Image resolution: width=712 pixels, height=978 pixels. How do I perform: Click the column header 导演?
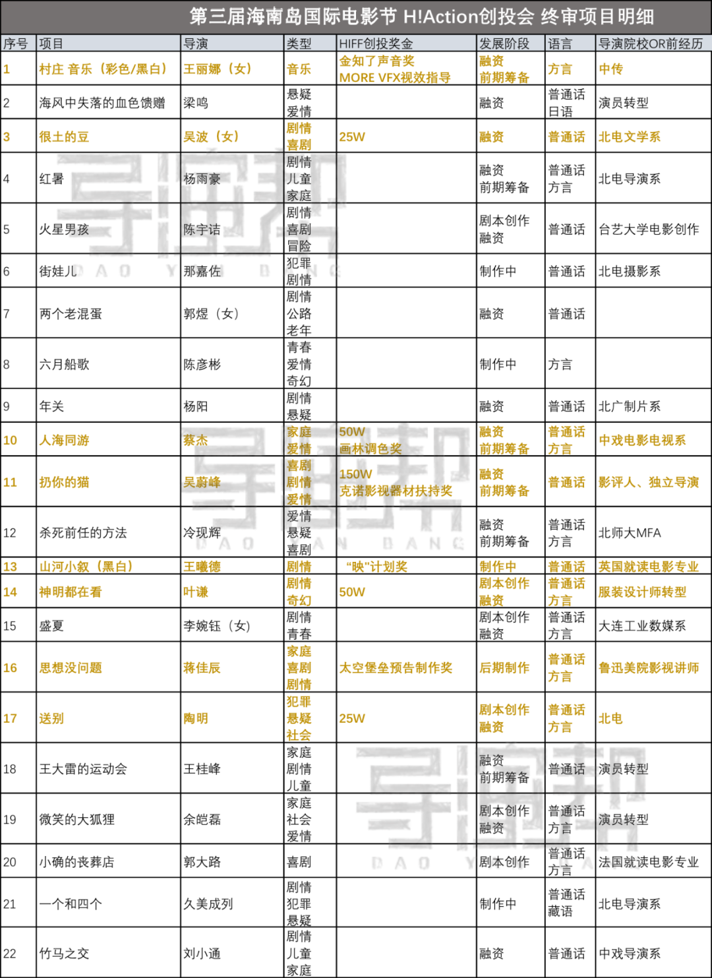pos(195,44)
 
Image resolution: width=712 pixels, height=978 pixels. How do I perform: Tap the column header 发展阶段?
pos(504,44)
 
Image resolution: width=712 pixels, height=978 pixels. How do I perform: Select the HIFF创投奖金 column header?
pos(376,44)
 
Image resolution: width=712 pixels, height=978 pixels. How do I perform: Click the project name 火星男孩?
pos(64,229)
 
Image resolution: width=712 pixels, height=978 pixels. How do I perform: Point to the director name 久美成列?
pos(208,903)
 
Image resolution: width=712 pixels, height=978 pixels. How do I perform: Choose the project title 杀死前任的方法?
pos(83,533)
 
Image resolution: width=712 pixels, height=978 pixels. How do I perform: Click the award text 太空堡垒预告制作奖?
pos(396,667)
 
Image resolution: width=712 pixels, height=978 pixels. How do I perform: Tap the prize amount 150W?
pos(355,474)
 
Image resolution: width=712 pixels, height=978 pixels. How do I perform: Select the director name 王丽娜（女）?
pos(218,69)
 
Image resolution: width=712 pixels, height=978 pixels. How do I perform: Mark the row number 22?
pos(10,953)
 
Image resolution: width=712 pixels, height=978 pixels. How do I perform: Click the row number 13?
pos(10,566)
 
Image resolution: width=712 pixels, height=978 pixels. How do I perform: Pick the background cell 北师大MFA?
pos(630,533)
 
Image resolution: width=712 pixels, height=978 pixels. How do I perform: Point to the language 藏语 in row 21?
pos(560,911)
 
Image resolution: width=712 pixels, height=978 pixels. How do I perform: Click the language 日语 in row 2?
pos(560,111)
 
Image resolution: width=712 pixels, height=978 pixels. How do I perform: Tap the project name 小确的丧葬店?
pos(77,862)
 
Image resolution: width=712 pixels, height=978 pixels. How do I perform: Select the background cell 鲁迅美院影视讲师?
pos(649,667)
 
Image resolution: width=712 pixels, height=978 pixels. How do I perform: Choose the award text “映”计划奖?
pos(376,566)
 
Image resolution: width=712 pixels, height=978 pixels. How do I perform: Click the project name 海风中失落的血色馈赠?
pos(102,103)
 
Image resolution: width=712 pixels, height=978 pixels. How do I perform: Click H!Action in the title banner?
pos(440,17)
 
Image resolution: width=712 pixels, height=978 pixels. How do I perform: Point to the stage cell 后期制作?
pos(504,667)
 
